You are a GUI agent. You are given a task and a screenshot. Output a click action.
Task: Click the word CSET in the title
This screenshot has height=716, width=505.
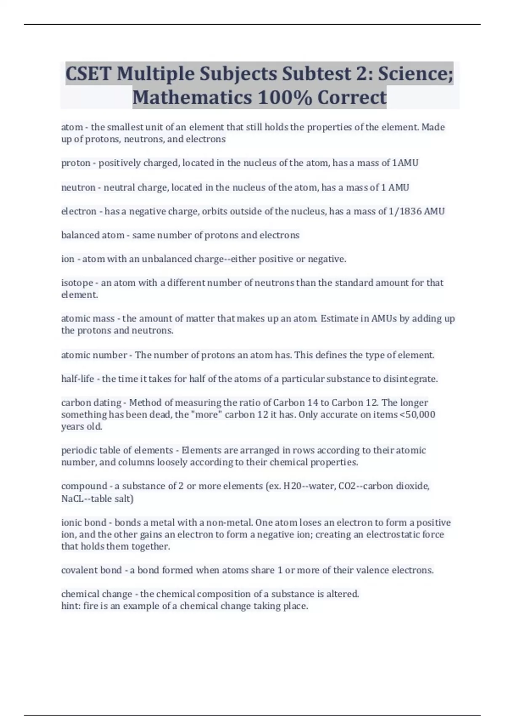(88, 74)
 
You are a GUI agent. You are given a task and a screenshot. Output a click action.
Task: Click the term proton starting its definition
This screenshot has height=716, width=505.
(76, 163)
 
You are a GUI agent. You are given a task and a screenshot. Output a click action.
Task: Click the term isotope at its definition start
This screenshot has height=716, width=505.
(77, 283)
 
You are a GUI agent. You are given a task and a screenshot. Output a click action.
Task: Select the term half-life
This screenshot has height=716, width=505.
(77, 379)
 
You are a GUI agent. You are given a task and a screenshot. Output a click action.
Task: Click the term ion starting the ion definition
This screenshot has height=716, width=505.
(68, 259)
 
